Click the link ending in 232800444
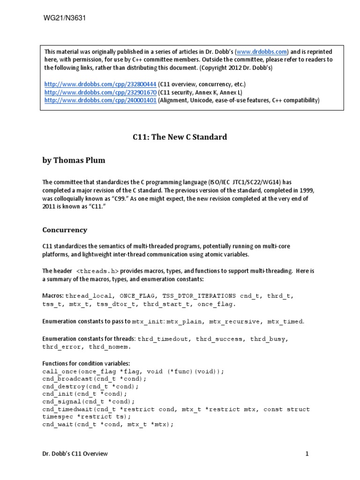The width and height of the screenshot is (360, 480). [100, 84]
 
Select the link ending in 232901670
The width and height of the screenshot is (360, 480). [100, 92]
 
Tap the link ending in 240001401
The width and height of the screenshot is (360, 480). [100, 100]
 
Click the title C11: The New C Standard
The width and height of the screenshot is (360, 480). [178, 137]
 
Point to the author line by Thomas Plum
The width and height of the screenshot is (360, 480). [74, 160]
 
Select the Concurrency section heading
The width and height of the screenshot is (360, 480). [65, 230]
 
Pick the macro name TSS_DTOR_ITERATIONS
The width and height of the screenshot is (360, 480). [199, 296]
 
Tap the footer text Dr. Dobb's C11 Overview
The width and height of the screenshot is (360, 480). [75, 453]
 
